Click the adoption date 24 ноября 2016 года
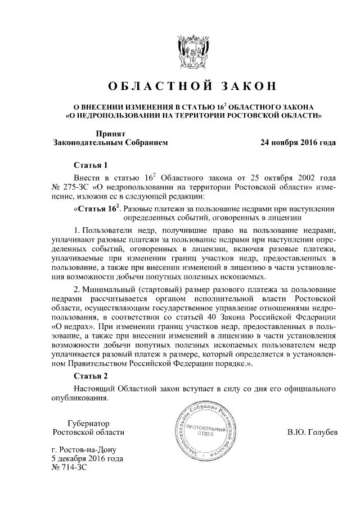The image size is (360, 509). pyautogui.click(x=298, y=143)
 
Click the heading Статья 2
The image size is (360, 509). pyautogui.click(x=91, y=376)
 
